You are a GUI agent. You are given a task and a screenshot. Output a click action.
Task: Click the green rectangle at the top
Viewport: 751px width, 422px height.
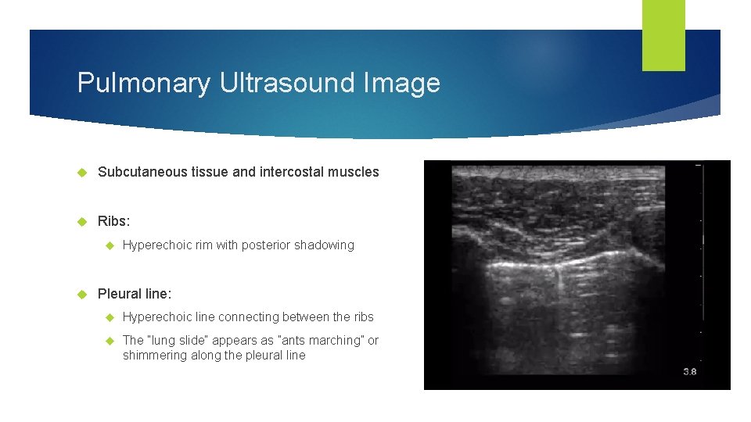pos(663,35)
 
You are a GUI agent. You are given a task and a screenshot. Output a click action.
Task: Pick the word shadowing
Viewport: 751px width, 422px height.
pos(324,245)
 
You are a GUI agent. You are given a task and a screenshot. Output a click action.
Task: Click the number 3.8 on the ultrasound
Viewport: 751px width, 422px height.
pos(689,372)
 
